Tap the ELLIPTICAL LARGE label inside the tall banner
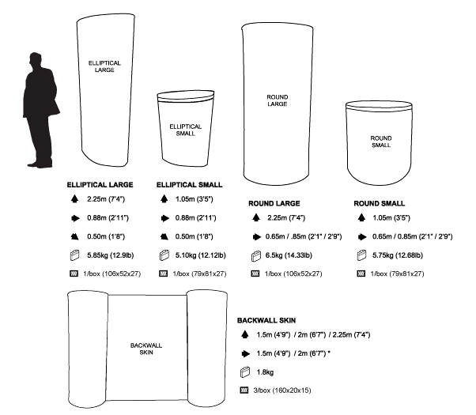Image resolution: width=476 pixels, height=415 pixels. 104,66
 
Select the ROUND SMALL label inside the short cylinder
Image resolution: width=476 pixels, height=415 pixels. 381,141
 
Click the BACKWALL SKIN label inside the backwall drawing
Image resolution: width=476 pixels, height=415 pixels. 146,349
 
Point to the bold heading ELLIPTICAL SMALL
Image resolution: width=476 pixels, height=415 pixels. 190,185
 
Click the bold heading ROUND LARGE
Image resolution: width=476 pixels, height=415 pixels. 274,203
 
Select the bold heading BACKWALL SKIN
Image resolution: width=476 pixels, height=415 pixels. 266,320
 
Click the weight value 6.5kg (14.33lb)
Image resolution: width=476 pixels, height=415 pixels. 289,255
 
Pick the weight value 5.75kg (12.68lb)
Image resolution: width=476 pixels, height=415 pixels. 398,255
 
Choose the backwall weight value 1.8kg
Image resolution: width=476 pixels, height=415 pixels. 265,372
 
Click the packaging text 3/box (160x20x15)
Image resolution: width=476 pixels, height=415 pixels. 282,390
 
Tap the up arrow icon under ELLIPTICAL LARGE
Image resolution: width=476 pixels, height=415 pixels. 74,199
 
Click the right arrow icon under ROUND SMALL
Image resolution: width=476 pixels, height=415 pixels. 362,237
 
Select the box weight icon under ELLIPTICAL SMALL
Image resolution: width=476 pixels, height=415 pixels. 164,255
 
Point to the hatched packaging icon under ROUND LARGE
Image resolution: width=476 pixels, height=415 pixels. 255,274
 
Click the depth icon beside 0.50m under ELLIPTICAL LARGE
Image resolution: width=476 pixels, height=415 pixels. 74,236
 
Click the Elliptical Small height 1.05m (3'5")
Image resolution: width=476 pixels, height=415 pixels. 195,199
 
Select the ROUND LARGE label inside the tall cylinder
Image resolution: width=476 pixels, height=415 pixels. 278,100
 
